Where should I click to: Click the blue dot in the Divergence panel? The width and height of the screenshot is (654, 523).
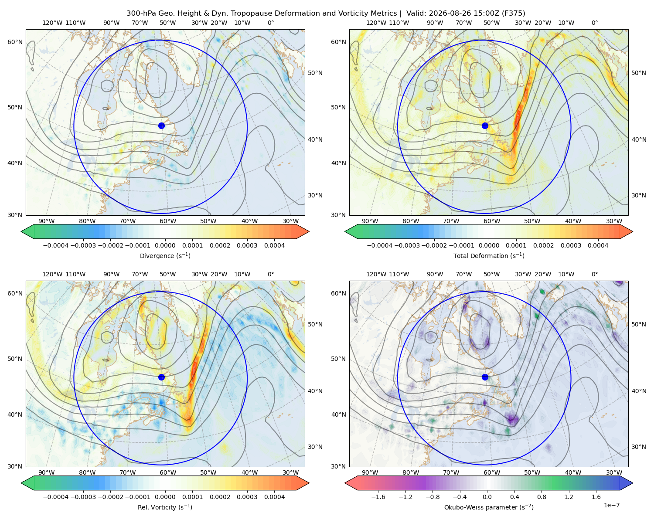click(x=161, y=126)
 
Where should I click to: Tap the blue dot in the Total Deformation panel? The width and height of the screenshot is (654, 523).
click(x=485, y=126)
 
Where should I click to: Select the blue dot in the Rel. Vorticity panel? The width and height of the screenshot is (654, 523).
click(x=161, y=377)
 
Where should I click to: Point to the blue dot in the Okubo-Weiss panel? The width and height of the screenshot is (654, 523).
click(x=485, y=377)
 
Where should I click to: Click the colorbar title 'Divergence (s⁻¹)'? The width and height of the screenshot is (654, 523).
click(x=165, y=255)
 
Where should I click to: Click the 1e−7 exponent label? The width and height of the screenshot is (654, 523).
click(x=611, y=505)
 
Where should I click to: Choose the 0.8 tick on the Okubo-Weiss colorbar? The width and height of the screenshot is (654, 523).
click(x=542, y=497)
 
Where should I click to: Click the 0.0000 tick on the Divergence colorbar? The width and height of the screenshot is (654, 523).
click(x=165, y=245)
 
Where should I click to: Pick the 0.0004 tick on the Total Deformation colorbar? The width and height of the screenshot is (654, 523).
click(x=598, y=245)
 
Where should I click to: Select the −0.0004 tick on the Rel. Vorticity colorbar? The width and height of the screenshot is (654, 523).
click(x=56, y=497)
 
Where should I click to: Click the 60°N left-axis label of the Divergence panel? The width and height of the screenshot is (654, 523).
click(x=15, y=42)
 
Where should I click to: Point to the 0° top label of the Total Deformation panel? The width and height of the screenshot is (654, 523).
click(x=594, y=23)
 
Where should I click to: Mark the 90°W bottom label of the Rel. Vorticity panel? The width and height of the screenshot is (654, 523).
click(x=47, y=472)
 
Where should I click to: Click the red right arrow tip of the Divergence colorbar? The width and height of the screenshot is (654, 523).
click(x=308, y=231)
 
